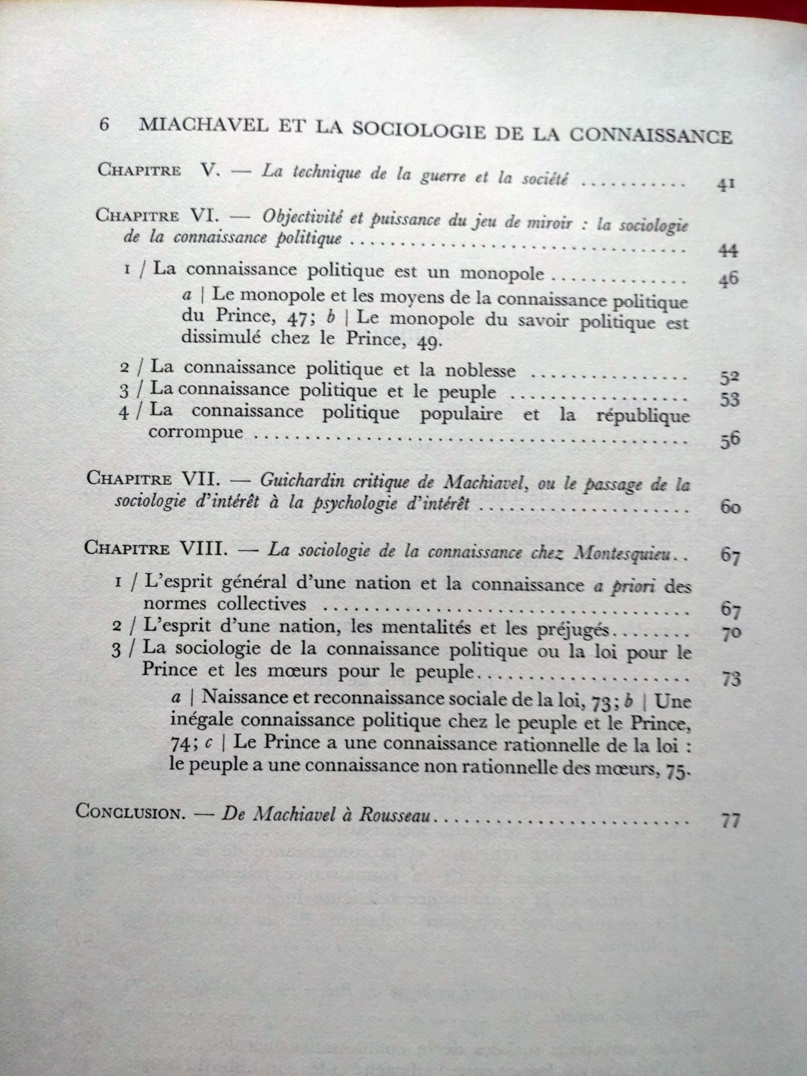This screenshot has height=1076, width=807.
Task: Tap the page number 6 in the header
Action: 104,125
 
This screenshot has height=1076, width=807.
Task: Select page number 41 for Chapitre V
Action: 725,186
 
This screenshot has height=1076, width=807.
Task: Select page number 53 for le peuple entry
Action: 729,400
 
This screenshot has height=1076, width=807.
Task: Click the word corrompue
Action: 196,432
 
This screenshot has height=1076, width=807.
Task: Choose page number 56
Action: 730,441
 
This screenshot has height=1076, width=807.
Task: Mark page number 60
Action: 730,507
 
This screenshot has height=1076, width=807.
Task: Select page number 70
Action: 731,635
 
